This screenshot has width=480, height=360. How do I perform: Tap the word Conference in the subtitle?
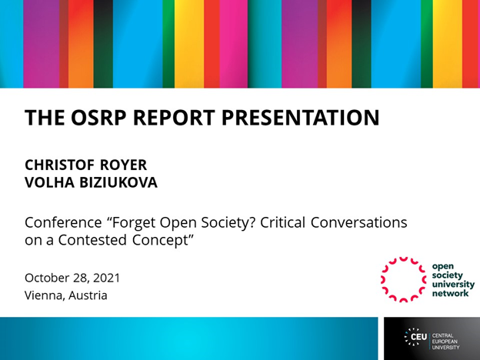coord(61,222)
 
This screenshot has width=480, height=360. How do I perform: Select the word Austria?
coord(88,295)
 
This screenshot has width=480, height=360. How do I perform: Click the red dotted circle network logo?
coord(404,278)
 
